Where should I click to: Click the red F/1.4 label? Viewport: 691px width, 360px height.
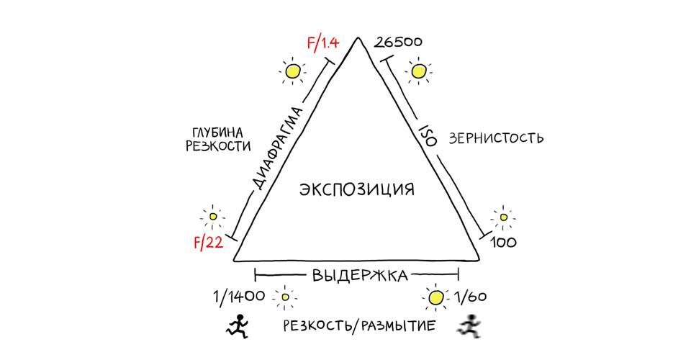click(x=322, y=42)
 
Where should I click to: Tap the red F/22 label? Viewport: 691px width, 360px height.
click(x=207, y=243)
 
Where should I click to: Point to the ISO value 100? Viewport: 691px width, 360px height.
click(x=502, y=243)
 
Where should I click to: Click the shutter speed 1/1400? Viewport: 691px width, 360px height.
click(x=239, y=295)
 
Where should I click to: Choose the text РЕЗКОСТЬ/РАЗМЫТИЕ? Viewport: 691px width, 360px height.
click(x=358, y=326)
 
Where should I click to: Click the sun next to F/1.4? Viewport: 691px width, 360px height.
click(x=292, y=71)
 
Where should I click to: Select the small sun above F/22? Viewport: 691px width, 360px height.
click(x=213, y=215)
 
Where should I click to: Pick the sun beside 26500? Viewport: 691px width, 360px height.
click(x=417, y=71)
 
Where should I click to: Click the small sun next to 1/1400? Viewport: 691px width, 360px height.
click(x=286, y=297)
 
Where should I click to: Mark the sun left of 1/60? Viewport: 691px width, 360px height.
click(x=435, y=297)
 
